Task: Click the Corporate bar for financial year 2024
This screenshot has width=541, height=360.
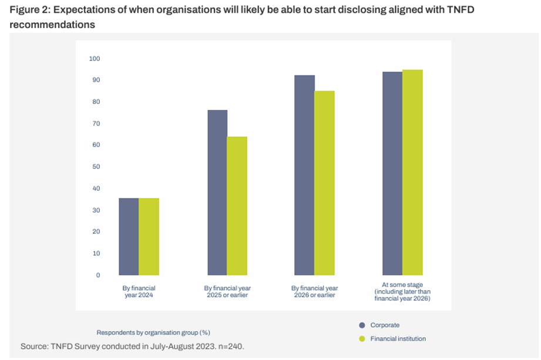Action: point(129,237)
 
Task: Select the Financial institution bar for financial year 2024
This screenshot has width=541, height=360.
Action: point(149,237)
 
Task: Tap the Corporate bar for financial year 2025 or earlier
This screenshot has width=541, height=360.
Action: point(217,193)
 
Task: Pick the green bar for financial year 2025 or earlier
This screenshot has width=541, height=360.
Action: point(237,206)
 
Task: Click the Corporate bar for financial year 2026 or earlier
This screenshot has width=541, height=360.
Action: point(305,175)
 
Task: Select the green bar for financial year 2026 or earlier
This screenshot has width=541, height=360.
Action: point(325,183)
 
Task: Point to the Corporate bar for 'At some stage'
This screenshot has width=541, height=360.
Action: point(392,173)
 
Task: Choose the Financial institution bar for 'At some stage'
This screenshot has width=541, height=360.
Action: point(413,173)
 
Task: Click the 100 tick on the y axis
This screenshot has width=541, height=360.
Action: point(95,59)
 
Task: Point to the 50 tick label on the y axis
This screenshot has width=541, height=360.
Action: point(95,167)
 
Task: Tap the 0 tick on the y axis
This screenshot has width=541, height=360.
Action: point(98,275)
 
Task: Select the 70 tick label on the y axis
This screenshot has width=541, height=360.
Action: point(95,123)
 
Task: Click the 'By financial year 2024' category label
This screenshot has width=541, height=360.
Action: point(139,291)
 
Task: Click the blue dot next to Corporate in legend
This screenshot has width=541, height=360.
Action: point(362,325)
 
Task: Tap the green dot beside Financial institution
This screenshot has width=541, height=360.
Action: point(362,339)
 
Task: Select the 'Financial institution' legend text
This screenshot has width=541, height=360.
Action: point(398,339)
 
